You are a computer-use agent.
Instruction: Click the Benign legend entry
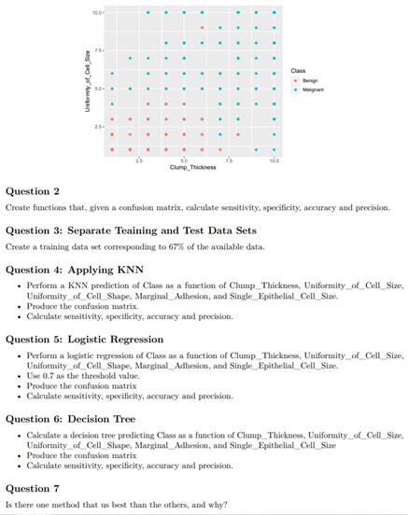307,81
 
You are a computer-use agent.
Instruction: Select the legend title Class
298,71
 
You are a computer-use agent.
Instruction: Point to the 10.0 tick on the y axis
97,13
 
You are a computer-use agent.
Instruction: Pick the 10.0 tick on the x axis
273,160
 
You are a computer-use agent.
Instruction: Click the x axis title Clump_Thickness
192,168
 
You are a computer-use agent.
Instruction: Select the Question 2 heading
33,190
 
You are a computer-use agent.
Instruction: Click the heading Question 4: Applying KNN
75,270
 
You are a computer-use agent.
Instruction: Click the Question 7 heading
33,488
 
